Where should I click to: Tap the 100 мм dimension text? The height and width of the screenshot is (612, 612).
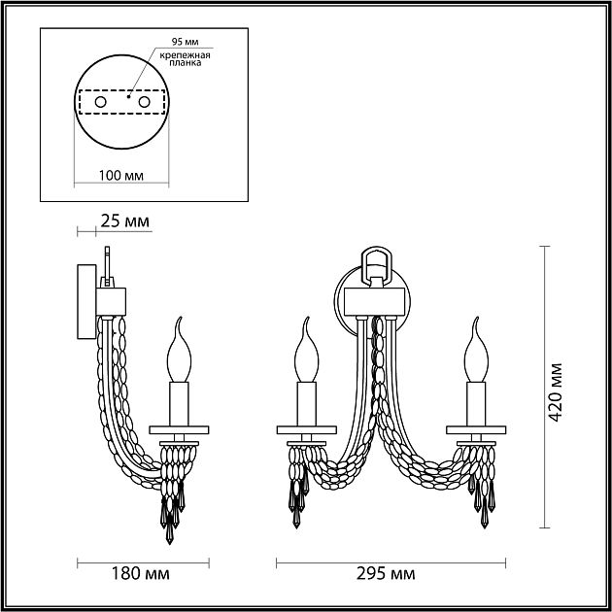(x=121, y=176)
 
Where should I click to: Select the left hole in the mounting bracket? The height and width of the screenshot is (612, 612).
(x=99, y=102)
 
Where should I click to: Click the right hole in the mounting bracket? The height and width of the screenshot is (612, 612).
(x=145, y=102)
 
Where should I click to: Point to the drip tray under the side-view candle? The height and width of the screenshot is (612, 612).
(x=179, y=428)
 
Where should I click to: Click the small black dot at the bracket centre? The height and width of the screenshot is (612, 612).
(x=129, y=96)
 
